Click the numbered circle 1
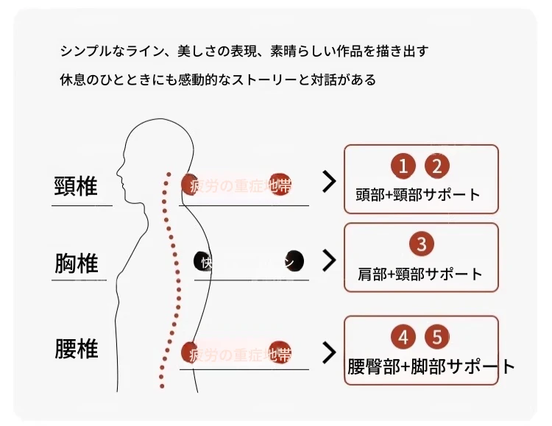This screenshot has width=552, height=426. (403, 166)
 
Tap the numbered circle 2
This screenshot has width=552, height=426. (437, 166)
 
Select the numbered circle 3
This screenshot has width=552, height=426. (421, 244)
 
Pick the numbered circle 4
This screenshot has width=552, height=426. (403, 338)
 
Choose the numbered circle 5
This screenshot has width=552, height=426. (437, 338)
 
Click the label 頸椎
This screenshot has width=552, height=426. (76, 185)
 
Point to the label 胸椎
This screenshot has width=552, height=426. (76, 263)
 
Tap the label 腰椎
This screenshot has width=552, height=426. (76, 348)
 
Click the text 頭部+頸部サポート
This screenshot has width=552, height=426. (417, 195)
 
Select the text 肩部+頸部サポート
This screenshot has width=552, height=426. (420, 274)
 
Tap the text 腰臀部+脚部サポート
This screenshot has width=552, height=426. (431, 366)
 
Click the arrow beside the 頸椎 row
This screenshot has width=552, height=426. (329, 182)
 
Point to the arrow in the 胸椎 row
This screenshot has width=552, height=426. (329, 260)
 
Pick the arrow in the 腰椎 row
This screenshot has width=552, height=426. (329, 352)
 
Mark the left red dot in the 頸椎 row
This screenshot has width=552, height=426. (191, 183)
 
